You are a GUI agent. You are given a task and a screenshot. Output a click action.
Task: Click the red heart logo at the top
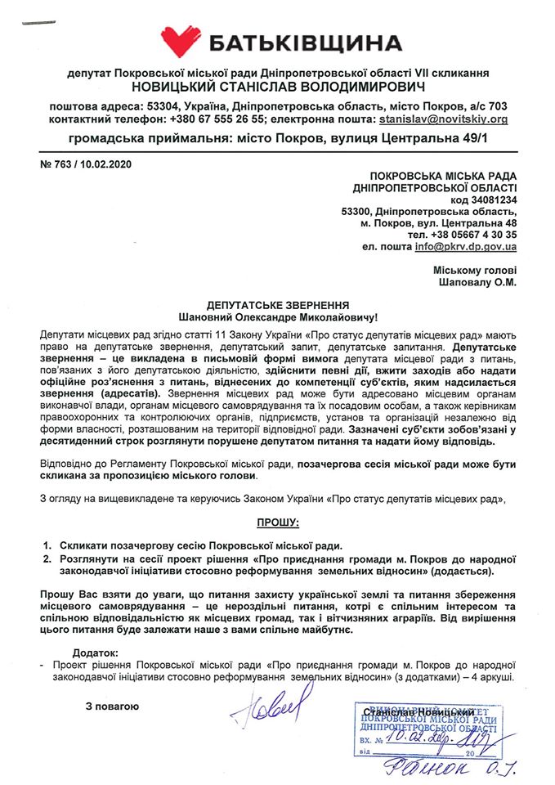point(181,41)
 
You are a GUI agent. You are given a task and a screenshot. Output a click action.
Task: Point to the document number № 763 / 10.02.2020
point(85,164)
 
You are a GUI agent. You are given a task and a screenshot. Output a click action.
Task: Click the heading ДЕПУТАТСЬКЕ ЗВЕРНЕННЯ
point(279,303)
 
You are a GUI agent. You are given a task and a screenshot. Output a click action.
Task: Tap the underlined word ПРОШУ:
point(278,521)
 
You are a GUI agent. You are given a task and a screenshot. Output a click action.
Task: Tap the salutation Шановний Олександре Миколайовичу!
point(279,315)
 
